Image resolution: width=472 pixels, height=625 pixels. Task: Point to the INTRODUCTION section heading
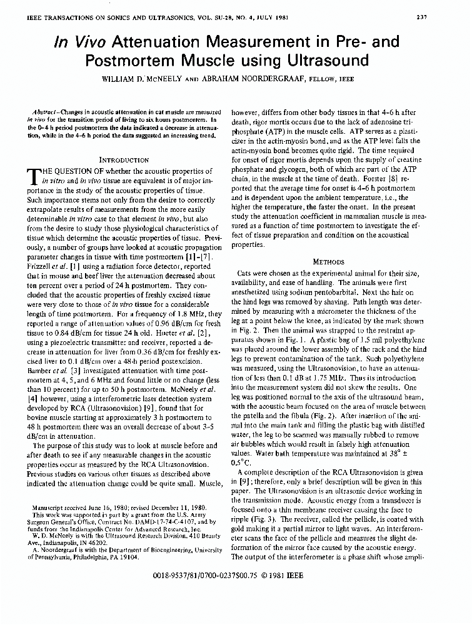coord(124,160)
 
